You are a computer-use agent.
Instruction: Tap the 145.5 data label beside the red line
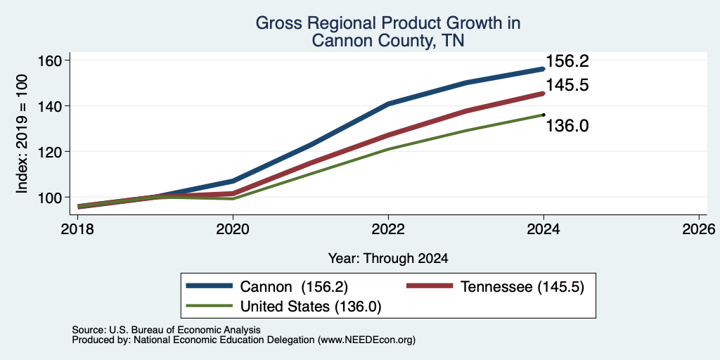click(567, 85)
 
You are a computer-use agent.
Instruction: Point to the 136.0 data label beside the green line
click(567, 126)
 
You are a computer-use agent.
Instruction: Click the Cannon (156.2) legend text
click(295, 287)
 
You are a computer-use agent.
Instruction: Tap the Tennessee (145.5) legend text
click(522, 287)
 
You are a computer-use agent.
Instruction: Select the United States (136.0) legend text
click(311, 307)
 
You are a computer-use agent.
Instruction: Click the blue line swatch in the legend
click(210, 286)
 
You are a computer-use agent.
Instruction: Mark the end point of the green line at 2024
click(544, 115)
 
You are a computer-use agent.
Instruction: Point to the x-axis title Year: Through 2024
click(388, 259)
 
